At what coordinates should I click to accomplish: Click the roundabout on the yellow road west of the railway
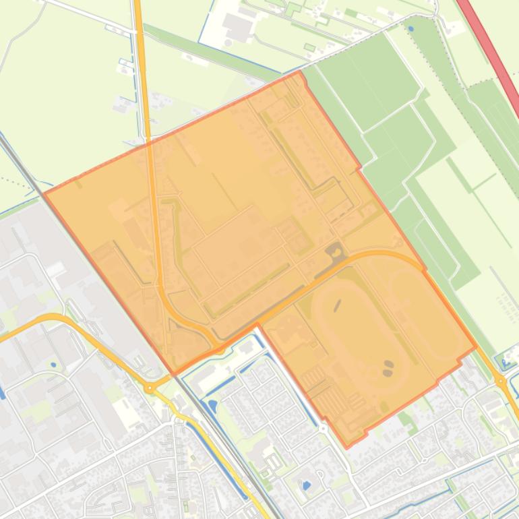[150, 388]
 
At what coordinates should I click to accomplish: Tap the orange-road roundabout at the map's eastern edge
[501, 381]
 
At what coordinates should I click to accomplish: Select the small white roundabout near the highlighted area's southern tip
[324, 428]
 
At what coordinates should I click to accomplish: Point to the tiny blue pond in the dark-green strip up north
[411, 29]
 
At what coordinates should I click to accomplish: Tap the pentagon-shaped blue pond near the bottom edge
[307, 484]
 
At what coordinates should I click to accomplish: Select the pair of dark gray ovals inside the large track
[388, 368]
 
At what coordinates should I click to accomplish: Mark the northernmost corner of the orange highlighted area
[299, 72]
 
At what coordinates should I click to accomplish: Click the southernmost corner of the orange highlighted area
[347, 447]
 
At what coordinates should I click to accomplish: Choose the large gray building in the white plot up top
[238, 27]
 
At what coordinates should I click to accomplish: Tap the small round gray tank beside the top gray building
[228, 42]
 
